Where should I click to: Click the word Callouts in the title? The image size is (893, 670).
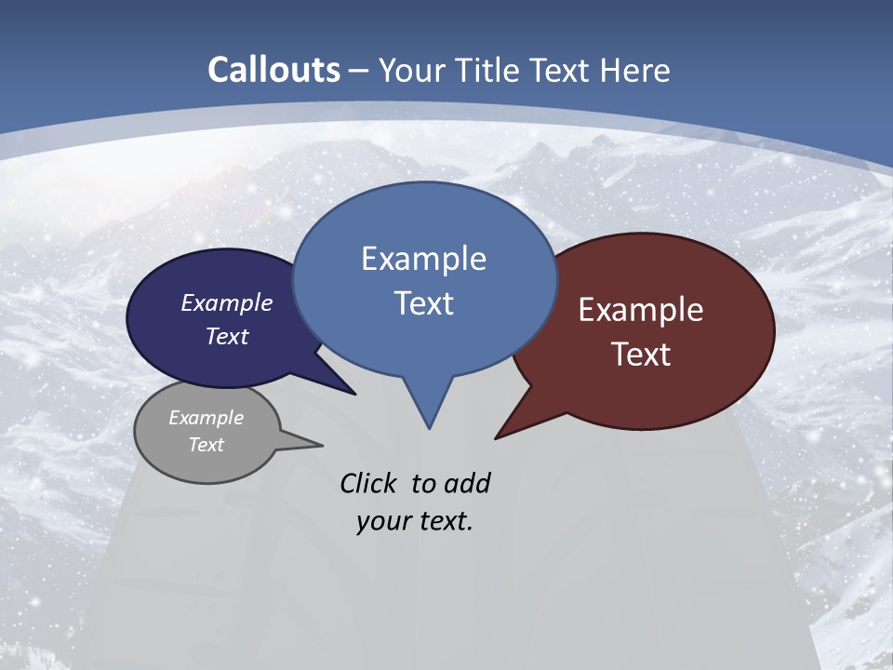(273, 70)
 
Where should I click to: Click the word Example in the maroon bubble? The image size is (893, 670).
(641, 310)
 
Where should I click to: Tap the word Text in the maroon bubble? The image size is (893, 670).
(641, 355)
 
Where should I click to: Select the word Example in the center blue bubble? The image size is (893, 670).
(423, 259)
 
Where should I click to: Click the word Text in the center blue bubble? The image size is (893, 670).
(423, 303)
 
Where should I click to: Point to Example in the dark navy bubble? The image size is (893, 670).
(227, 302)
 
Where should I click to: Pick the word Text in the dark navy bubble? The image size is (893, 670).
(227, 336)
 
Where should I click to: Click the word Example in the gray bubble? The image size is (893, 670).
(207, 418)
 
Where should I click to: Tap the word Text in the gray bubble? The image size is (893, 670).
(207, 445)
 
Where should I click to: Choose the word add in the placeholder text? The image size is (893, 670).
(467, 483)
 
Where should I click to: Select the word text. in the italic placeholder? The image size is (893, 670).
(443, 521)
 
